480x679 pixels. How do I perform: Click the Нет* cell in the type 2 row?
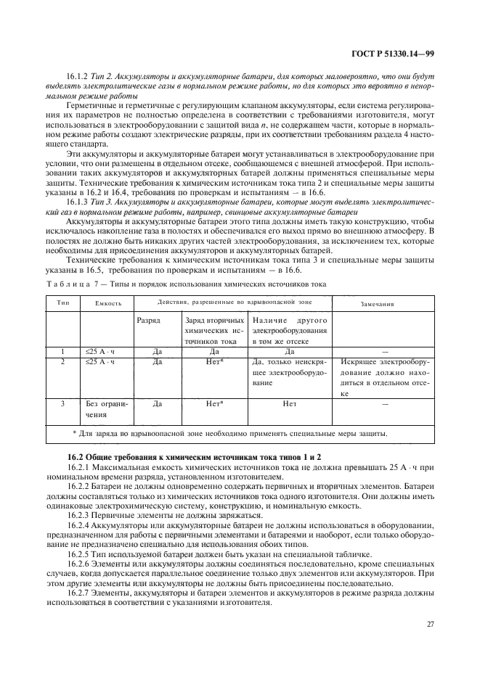pyautogui.click(x=214, y=361)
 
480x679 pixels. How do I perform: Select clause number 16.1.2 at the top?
pyautogui.click(x=76, y=76)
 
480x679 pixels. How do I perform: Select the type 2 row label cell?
pyautogui.click(x=62, y=361)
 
